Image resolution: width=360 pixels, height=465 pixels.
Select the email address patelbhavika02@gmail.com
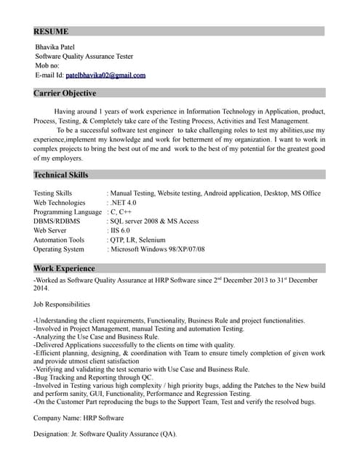click(105, 75)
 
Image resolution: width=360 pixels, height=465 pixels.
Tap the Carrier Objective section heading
click(65, 94)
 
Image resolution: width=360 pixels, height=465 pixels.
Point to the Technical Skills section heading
click(61, 175)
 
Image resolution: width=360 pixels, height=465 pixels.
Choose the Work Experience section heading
click(64, 268)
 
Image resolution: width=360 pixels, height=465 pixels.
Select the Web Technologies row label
click(60, 203)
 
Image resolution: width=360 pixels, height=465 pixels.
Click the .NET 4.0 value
click(123, 203)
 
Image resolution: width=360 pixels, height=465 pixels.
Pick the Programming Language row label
click(68, 212)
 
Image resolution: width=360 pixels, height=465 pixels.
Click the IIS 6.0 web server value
click(120, 230)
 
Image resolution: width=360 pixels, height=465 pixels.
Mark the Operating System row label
click(59, 249)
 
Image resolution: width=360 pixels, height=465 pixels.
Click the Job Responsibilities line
click(62, 304)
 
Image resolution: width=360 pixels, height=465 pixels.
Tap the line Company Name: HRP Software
click(79, 418)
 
